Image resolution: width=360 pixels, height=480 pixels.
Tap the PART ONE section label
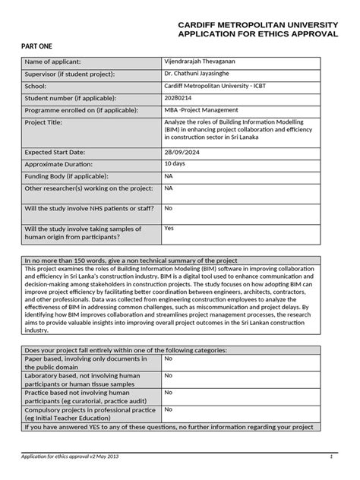pos(38,46)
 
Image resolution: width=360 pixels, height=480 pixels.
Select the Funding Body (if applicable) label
pos(65,175)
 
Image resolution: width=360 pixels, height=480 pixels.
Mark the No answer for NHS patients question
pos(169,207)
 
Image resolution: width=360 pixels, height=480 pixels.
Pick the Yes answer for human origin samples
pos(169,227)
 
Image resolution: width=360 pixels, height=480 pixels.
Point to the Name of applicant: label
pos(53,61)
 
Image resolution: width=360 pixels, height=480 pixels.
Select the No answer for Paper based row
pos(169,358)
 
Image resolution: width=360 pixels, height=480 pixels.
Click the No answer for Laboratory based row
pos(169,374)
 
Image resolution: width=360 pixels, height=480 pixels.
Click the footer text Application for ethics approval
pos(69,456)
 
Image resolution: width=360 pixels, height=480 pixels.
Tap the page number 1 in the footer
pos(332,456)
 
